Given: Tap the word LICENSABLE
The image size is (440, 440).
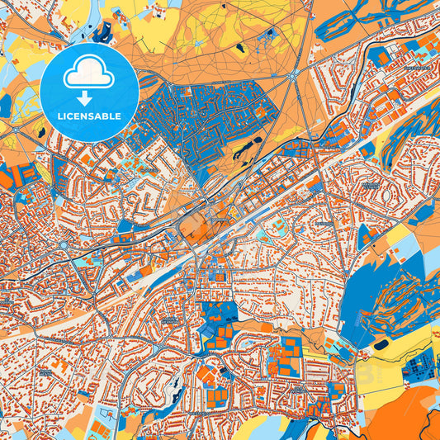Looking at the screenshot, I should pos(89,115).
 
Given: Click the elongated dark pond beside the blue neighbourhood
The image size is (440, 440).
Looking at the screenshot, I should pos(246,149).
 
